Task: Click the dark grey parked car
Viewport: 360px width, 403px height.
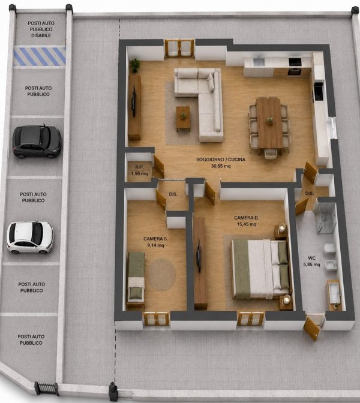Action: [37, 142]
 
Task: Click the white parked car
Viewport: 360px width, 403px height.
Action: [30, 237]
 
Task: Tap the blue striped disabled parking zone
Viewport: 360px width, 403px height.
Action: [40, 56]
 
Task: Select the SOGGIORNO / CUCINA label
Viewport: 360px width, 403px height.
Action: [221, 163]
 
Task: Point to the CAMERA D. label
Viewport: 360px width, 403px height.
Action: [247, 221]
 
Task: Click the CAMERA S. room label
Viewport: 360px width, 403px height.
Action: [155, 242]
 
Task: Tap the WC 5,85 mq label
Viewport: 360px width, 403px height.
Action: [311, 261]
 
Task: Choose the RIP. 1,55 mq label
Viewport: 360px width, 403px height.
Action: [139, 170]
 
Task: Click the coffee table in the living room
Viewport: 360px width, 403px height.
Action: [184, 119]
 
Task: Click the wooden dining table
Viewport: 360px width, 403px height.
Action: [269, 122]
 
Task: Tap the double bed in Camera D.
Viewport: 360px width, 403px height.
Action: [260, 269]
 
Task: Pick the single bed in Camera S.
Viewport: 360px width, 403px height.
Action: [136, 278]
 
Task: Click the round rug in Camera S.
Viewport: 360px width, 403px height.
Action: [162, 275]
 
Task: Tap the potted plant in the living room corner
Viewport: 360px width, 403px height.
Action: [135, 65]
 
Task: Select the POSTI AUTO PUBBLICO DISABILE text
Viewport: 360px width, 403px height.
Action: [41, 29]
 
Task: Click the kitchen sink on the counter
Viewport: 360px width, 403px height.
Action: [259, 62]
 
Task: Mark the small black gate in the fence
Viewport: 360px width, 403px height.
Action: [47, 389]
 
